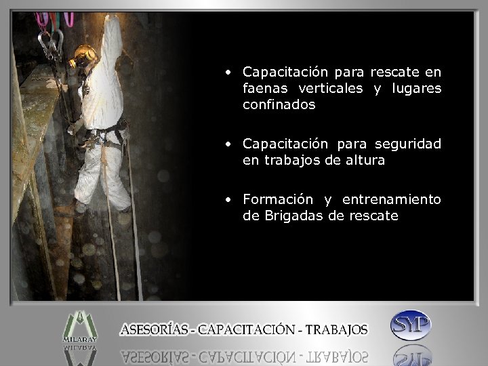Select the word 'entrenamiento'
tap(391, 199)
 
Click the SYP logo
tap(411, 325)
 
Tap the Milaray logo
tap(79, 326)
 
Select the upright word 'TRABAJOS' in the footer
tap(336, 330)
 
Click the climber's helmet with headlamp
tap(85, 55)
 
